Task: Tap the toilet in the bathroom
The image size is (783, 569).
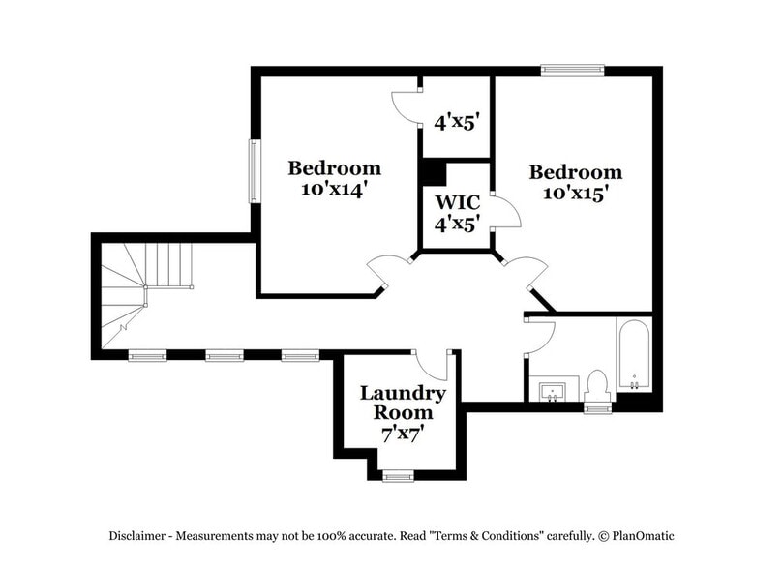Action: [596, 384]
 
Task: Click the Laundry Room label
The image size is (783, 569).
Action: [403, 403]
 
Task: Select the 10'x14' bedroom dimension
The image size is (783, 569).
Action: [335, 191]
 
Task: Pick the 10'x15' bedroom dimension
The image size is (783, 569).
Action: [575, 194]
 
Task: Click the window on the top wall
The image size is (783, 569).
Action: [572, 70]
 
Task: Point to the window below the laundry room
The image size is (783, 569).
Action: [397, 474]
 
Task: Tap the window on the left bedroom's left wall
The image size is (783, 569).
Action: [254, 172]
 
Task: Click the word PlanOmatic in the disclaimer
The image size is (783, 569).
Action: [647, 535]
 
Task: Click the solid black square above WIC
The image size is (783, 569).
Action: [433, 170]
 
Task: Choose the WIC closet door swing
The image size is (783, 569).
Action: [504, 211]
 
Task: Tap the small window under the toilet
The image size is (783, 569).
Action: [597, 408]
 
